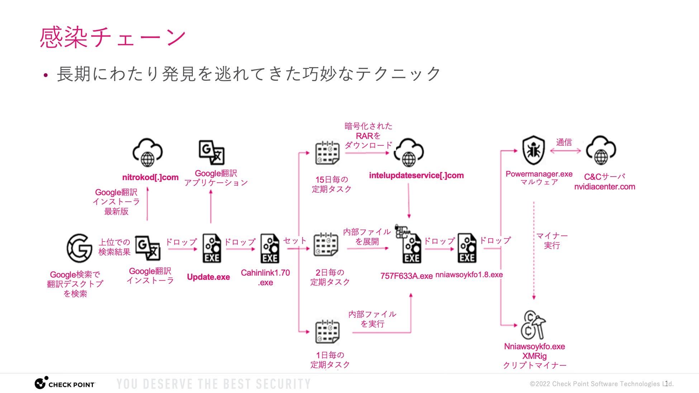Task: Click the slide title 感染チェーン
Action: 113,37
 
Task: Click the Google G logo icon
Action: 79,248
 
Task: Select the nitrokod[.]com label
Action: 150,177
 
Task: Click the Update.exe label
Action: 208,277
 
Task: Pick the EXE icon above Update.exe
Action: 212,248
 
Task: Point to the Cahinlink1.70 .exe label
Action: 265,277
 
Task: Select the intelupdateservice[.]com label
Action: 417,176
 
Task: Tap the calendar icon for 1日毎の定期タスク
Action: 327,331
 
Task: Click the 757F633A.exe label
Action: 406,276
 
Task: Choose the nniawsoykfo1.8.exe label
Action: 469,275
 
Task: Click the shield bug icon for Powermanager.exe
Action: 533,150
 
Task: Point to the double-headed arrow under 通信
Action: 565,151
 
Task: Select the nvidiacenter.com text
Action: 605,187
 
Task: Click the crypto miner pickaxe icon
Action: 533,325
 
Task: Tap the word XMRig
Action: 534,356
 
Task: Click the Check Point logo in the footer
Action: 65,383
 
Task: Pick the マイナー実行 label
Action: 552,241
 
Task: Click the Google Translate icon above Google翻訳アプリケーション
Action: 212,152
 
